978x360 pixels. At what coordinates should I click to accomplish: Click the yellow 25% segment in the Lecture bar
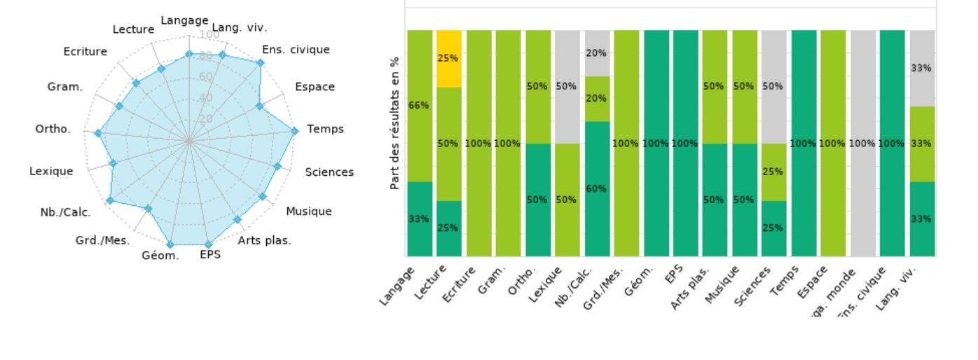coord(448,58)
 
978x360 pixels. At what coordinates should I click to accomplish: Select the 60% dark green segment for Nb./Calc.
coord(597,189)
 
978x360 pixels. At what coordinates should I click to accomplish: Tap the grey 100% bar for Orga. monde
coord(863,144)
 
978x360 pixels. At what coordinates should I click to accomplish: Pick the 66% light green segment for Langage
coord(420,106)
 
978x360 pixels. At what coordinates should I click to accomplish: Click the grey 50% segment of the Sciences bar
coord(774,87)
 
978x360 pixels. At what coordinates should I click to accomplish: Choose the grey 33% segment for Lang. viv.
coord(922,68)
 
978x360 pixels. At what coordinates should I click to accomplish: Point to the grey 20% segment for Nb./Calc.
coord(597,53)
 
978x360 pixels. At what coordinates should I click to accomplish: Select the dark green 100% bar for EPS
coord(685,144)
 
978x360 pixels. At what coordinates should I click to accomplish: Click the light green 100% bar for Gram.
coord(508,144)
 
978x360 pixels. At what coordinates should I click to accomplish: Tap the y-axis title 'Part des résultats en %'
coord(394,123)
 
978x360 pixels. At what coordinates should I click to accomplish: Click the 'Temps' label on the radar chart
coord(326,130)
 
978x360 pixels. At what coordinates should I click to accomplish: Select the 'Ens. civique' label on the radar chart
coord(296,50)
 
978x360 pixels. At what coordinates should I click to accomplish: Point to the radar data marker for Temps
coord(294,130)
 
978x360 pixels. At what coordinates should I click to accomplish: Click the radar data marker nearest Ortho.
coord(98,133)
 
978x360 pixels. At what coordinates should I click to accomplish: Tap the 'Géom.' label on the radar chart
coord(160,256)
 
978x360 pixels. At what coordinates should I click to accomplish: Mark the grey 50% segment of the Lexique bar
coord(567,87)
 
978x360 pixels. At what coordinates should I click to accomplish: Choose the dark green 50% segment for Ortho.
coord(537,200)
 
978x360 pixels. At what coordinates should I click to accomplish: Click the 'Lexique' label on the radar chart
coord(51,171)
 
